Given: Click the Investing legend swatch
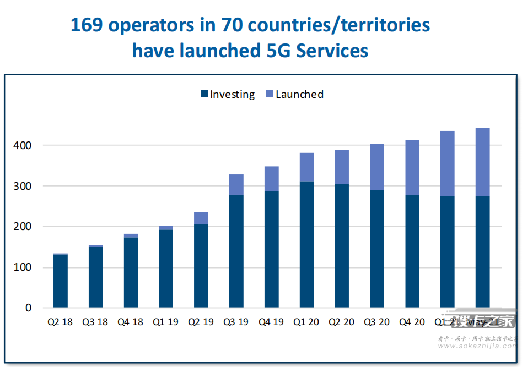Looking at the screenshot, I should click(x=204, y=95).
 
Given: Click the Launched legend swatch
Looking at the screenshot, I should click(x=270, y=95).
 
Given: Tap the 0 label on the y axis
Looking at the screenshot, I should click(x=28, y=308).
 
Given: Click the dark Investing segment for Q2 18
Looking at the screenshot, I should click(x=60, y=281).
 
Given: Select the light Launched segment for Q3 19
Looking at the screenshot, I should click(x=236, y=184).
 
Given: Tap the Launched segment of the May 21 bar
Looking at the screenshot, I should click(x=482, y=162).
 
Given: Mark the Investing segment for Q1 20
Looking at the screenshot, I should click(x=306, y=244).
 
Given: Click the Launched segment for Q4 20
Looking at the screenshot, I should click(x=412, y=168).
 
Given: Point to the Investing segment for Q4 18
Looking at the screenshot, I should click(x=131, y=272).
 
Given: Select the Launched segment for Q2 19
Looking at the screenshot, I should click(x=201, y=218).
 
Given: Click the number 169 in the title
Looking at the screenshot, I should click(x=87, y=25).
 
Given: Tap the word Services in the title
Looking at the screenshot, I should click(x=332, y=51).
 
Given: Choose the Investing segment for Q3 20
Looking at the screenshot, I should click(x=377, y=249).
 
